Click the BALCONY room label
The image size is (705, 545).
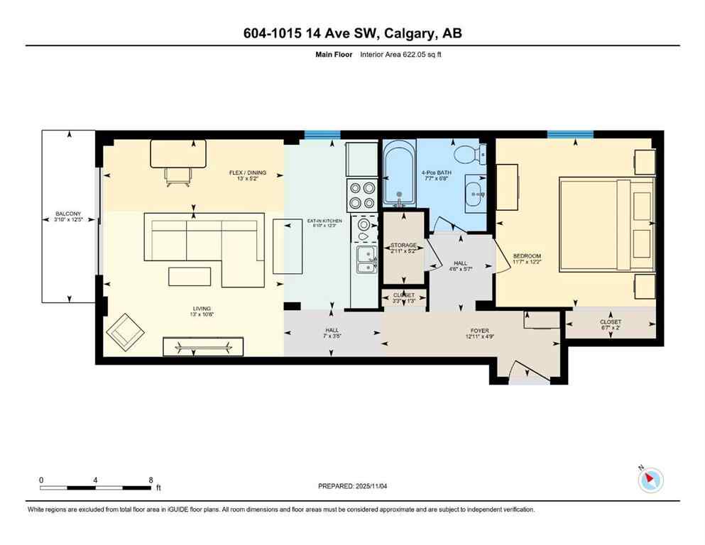[68, 214]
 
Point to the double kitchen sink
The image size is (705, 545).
[367, 260]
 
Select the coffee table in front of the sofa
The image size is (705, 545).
[189, 275]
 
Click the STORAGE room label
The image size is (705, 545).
[403, 246]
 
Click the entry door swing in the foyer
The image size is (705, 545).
[529, 370]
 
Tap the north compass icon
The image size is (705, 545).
[650, 480]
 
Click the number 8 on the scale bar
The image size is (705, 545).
[151, 480]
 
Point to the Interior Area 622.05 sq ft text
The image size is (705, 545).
[403, 54]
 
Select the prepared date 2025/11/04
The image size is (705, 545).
[353, 486]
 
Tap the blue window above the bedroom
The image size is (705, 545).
[569, 134]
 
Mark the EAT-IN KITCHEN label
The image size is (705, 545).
[324, 221]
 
